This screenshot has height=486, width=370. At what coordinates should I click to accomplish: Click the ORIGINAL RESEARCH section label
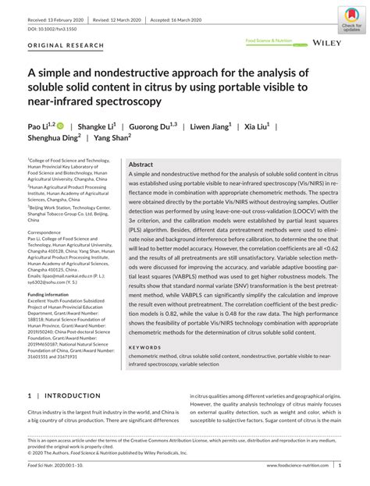[65, 45]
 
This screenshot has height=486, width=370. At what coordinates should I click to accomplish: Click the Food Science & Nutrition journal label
[269, 40]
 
